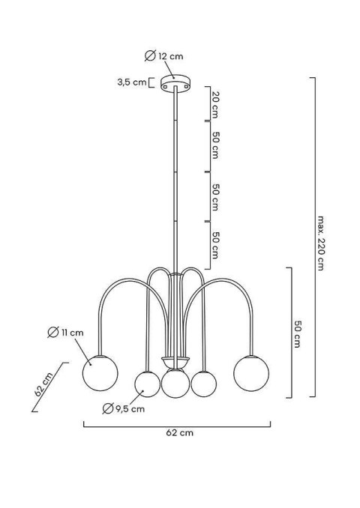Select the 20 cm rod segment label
(215, 104)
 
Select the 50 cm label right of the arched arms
(298, 332)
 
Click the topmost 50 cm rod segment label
(215, 145)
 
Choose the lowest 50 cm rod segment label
(215, 245)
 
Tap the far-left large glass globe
(99, 373)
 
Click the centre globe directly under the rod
(175, 383)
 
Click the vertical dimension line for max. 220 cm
(313, 236)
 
